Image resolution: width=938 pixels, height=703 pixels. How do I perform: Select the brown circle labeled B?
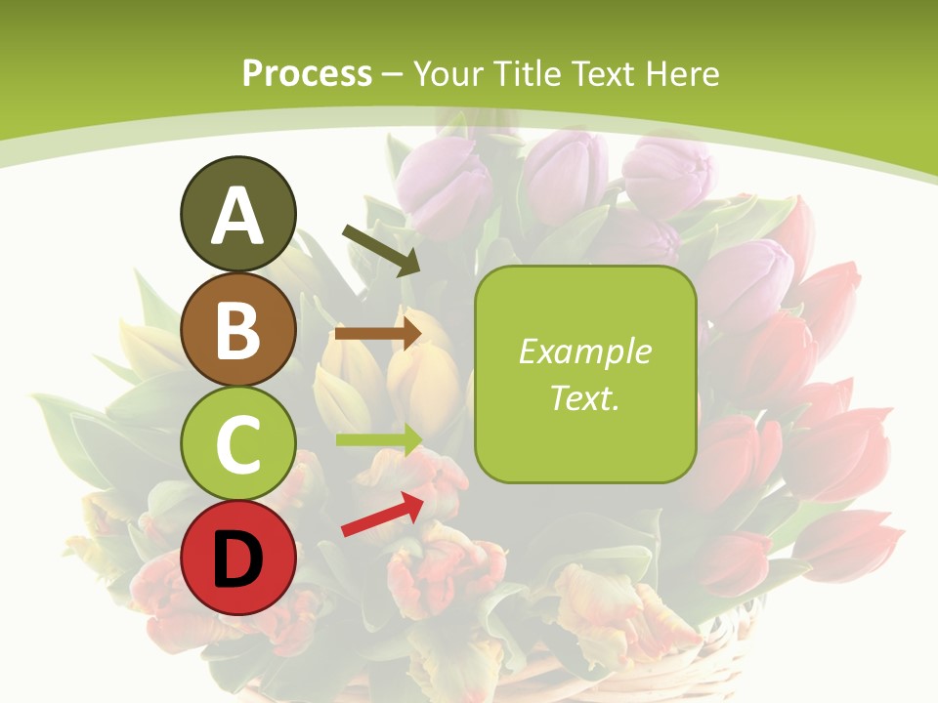click(x=237, y=329)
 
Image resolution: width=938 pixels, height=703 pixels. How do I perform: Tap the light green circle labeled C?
click(x=237, y=444)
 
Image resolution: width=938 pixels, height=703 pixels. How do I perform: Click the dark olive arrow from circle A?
click(x=380, y=249)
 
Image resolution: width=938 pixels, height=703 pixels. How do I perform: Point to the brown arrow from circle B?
click(x=378, y=333)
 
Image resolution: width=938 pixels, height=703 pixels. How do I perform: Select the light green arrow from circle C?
click(x=379, y=439)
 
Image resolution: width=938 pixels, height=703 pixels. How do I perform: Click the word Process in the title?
click(x=307, y=73)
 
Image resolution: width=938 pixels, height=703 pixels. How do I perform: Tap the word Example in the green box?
click(x=584, y=351)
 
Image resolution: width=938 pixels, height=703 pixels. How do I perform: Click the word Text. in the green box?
click(x=584, y=397)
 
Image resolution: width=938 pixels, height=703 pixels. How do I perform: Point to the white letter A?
click(x=237, y=216)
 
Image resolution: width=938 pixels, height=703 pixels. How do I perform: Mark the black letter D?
click(x=237, y=559)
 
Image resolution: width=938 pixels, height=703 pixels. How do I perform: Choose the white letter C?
click(x=237, y=444)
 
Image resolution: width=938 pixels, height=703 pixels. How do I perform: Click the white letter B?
click(x=237, y=329)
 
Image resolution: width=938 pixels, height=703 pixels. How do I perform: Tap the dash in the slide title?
click(x=393, y=75)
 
